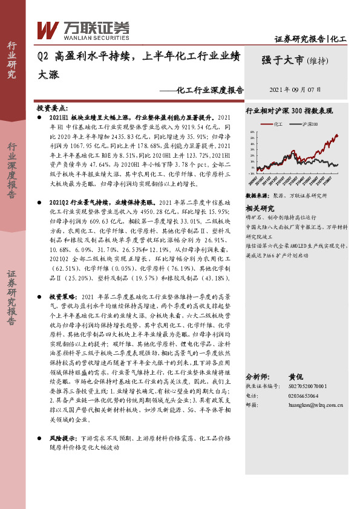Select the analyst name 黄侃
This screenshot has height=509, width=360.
(x=296, y=375)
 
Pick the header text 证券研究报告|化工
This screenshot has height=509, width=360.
(x=310, y=39)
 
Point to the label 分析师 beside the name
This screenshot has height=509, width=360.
(x=259, y=375)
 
